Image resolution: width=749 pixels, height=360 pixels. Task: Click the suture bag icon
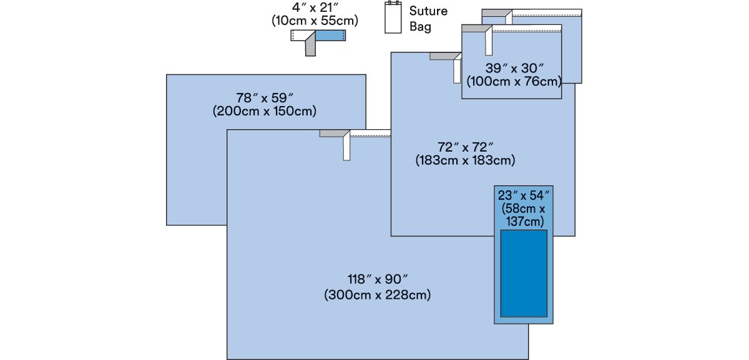(x=393, y=17)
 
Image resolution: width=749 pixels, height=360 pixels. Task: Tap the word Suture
(x=428, y=11)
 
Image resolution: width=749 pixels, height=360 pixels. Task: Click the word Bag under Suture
(x=420, y=27)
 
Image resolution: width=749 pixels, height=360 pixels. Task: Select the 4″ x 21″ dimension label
(x=315, y=7)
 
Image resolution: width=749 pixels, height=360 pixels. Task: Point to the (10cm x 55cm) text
(x=315, y=21)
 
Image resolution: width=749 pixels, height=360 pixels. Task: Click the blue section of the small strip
(x=330, y=36)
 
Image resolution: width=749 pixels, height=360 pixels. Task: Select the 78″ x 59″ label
(x=265, y=98)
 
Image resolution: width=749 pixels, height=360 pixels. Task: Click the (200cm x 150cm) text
(x=265, y=111)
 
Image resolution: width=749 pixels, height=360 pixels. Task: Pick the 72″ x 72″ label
(x=466, y=147)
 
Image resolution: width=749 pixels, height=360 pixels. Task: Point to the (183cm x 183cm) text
(x=465, y=160)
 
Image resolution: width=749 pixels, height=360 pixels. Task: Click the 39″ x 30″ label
(x=514, y=69)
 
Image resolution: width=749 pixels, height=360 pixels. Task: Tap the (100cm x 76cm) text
(x=514, y=82)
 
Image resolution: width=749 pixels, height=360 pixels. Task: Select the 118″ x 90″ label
(x=378, y=279)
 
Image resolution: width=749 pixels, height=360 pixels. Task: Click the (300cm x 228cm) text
(x=378, y=295)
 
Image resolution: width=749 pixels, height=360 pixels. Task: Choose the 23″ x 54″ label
(x=524, y=195)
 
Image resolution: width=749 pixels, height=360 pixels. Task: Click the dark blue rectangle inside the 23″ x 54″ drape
(x=524, y=273)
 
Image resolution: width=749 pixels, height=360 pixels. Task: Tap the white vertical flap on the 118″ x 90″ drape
(x=346, y=147)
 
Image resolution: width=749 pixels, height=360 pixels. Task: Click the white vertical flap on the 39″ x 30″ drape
(x=489, y=42)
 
